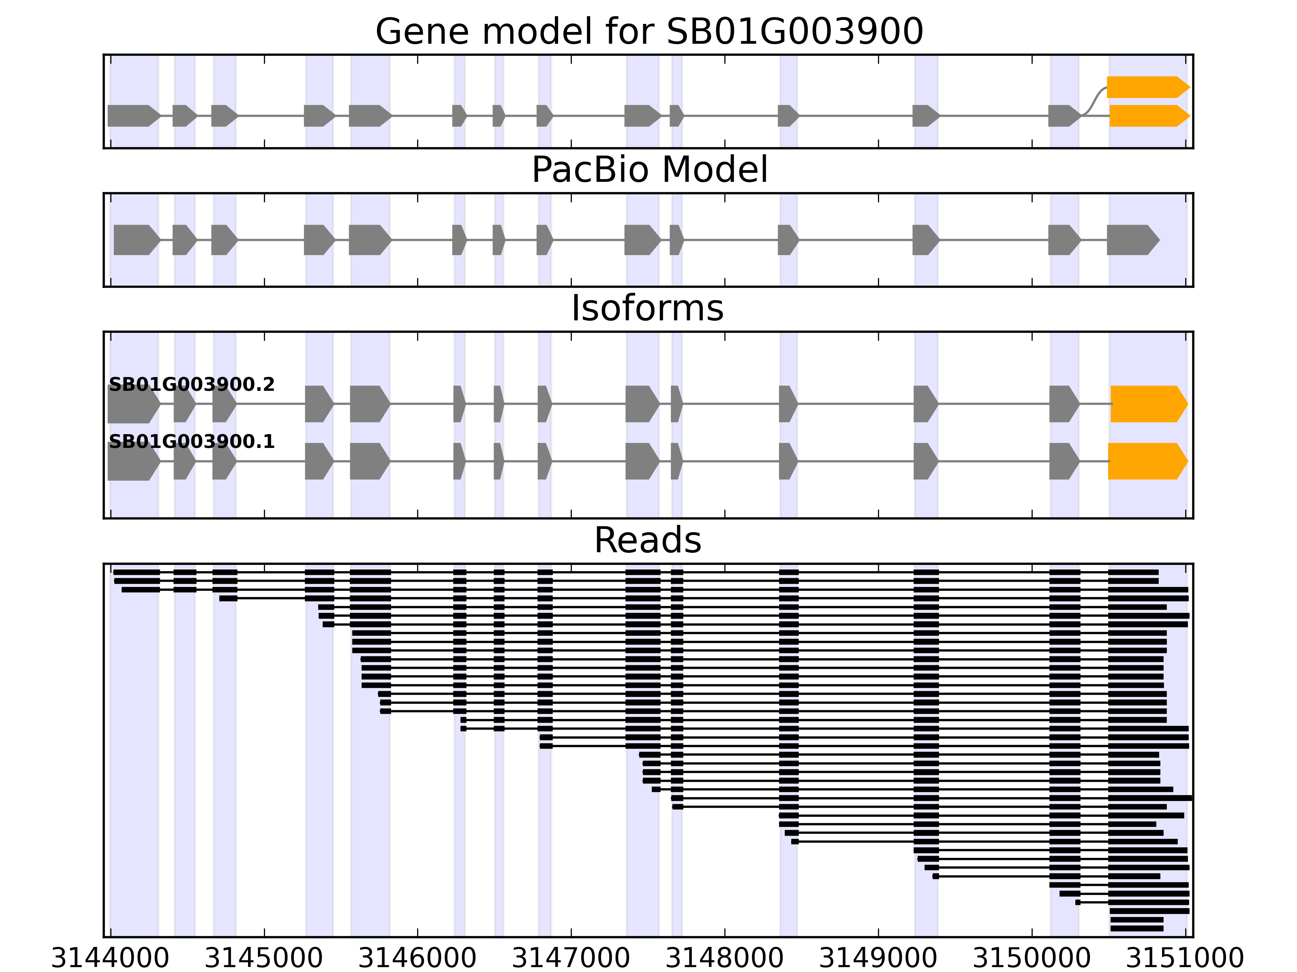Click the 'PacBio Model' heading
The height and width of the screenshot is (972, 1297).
649,170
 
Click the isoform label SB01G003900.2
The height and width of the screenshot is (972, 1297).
192,385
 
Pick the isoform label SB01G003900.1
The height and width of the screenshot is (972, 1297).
192,442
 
